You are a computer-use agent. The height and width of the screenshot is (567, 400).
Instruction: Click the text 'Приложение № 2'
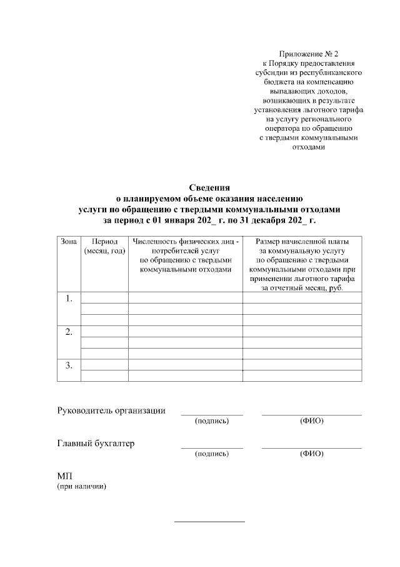click(310, 54)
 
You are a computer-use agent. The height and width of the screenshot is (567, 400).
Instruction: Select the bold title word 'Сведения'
click(210, 187)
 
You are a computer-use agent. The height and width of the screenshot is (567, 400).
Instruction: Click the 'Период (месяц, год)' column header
click(104, 246)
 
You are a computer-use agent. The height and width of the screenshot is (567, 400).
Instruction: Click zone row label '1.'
click(69, 299)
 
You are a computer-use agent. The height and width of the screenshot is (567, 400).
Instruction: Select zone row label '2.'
click(69, 332)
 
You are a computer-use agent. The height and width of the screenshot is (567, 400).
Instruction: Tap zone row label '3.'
click(69, 364)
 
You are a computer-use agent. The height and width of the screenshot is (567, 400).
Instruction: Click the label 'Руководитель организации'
click(111, 411)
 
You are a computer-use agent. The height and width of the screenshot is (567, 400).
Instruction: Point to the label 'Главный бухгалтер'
click(96, 444)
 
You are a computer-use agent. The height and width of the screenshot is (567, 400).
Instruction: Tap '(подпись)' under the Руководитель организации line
click(212, 421)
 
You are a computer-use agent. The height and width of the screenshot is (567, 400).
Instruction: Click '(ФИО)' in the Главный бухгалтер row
click(311, 454)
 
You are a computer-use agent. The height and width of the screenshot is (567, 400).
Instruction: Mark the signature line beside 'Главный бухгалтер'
click(212, 447)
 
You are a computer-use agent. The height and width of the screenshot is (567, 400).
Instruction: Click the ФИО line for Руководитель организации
click(311, 415)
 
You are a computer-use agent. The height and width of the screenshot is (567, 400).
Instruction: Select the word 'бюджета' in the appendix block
click(284, 81)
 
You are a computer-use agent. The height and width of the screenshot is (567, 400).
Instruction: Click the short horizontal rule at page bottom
click(209, 521)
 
